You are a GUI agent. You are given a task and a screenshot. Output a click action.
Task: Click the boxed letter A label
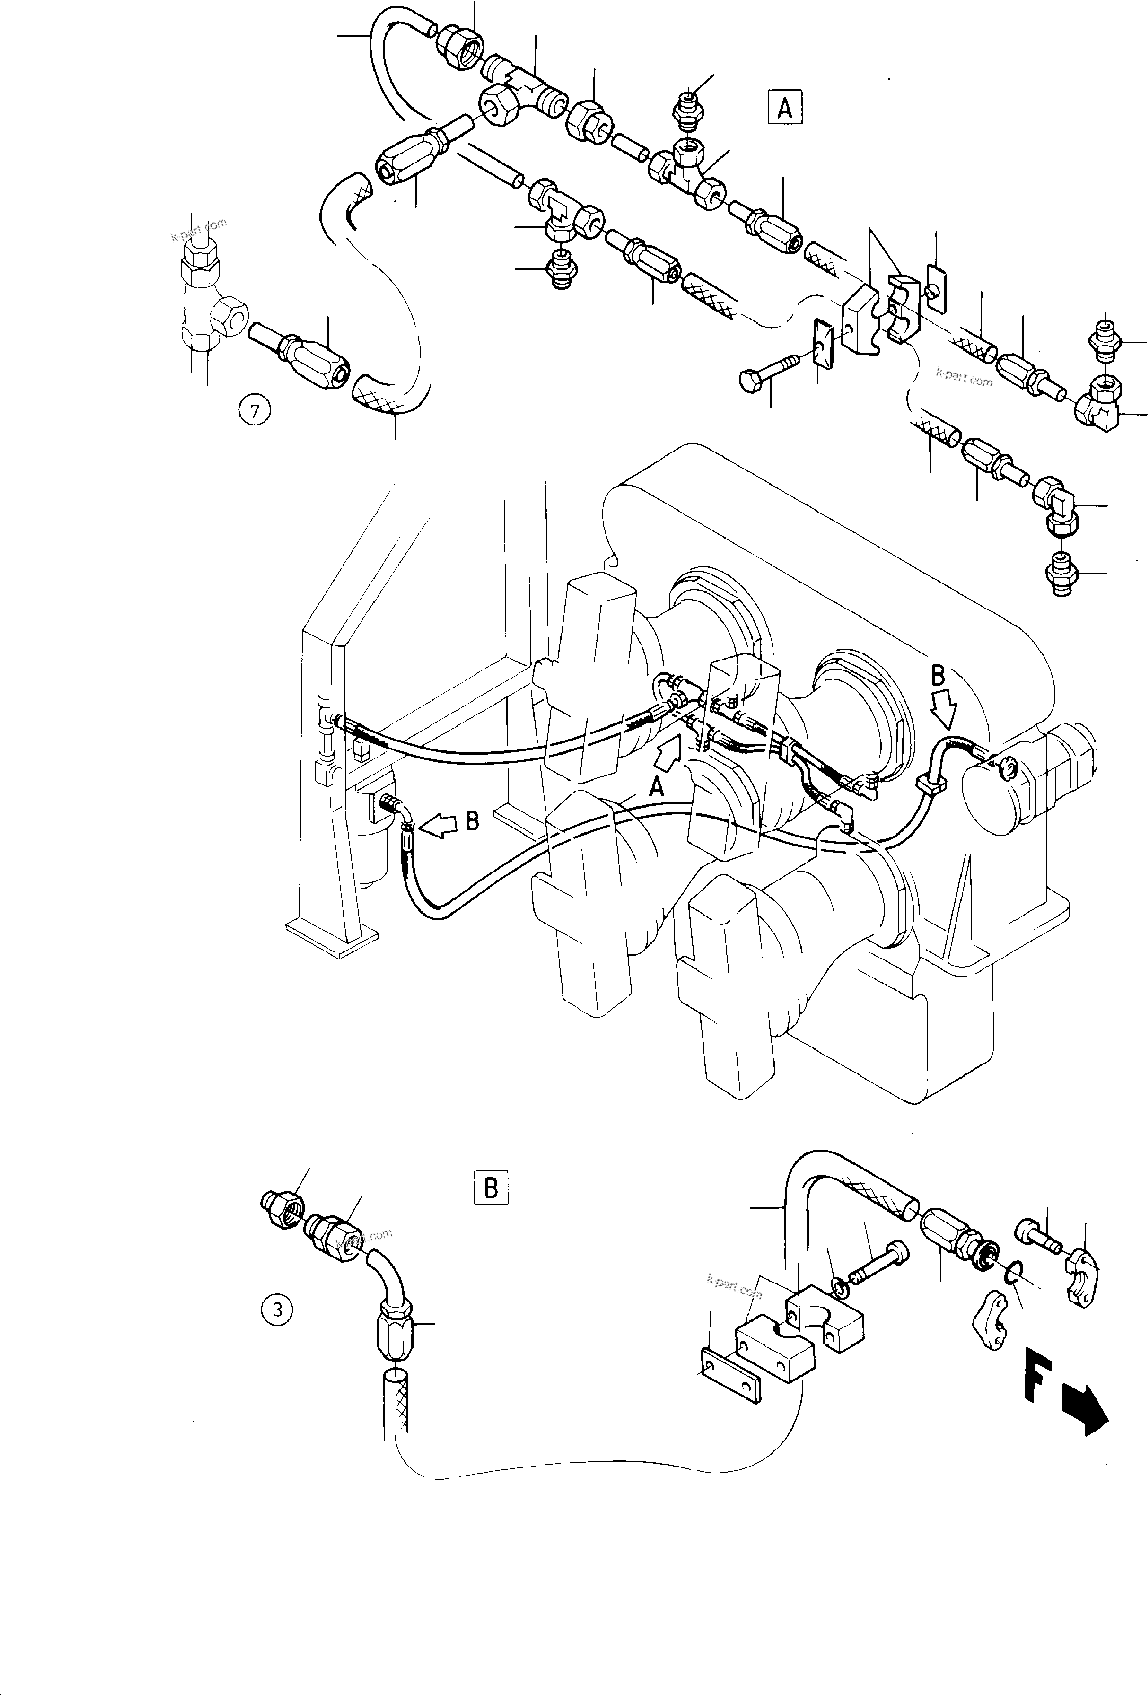[784, 108]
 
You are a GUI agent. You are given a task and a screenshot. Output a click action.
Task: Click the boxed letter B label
[490, 1188]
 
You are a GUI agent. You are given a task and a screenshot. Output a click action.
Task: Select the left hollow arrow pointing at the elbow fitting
[440, 826]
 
